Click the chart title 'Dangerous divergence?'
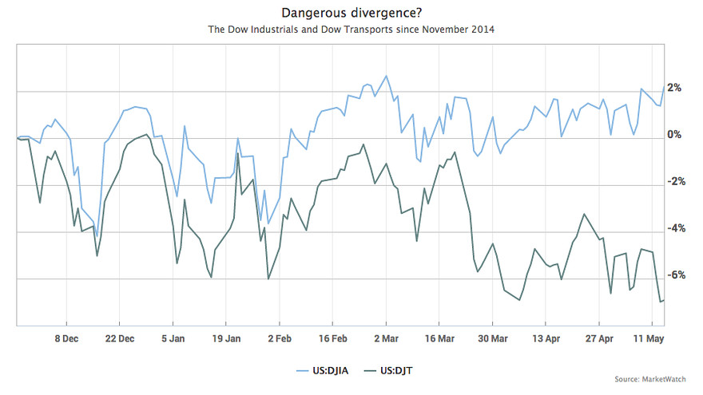351,13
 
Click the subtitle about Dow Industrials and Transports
351,30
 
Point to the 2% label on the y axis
675,88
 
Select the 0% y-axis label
675,134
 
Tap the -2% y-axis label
675,181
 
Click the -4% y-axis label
675,228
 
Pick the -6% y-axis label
675,275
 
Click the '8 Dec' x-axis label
66,338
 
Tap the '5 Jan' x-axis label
173,338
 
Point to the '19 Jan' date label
226,338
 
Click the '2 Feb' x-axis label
279,338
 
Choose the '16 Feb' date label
332,338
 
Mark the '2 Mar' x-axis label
386,338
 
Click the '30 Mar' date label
492,338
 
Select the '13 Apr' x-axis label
546,338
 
